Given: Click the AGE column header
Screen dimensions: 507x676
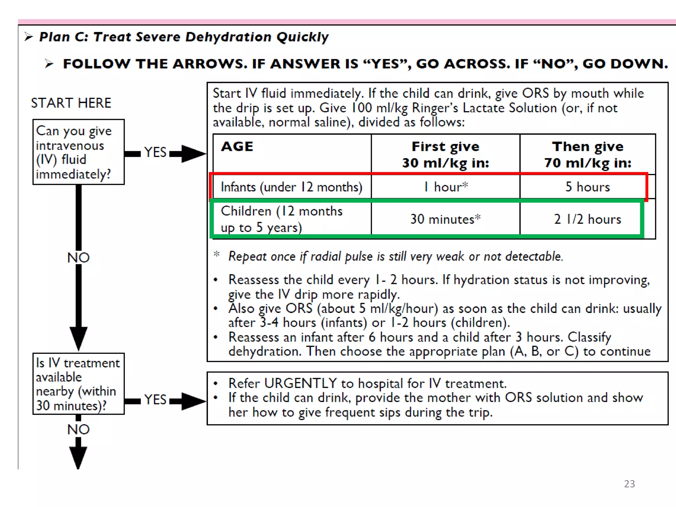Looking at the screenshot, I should pyautogui.click(x=237, y=146).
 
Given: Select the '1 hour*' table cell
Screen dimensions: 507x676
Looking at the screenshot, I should pyautogui.click(x=446, y=187).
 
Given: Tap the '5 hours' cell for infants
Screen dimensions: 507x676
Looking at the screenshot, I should pyautogui.click(x=588, y=187).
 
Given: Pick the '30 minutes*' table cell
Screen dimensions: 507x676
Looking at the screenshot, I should pyautogui.click(x=445, y=219).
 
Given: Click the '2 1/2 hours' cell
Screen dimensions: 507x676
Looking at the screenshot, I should pyautogui.click(x=588, y=219).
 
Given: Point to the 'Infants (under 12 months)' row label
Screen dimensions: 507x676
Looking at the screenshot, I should pyautogui.click(x=291, y=187).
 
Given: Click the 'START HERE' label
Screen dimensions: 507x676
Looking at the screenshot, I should pyautogui.click(x=71, y=103).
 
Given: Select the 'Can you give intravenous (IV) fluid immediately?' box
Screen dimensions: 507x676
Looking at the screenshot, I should pyautogui.click(x=79, y=152).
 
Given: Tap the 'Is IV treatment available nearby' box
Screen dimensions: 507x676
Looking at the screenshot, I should pyautogui.click(x=79, y=384).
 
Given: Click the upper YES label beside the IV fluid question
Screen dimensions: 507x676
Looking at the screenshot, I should pyautogui.click(x=155, y=152).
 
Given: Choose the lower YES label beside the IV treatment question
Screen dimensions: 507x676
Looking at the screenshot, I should pyautogui.click(x=155, y=400).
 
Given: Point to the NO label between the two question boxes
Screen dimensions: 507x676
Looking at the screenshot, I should pyautogui.click(x=79, y=258).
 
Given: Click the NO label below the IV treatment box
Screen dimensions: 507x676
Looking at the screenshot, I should pyautogui.click(x=79, y=429).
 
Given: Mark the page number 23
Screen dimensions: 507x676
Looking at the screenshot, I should pyautogui.click(x=629, y=484).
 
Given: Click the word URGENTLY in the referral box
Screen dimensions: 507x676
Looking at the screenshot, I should pyautogui.click(x=300, y=384).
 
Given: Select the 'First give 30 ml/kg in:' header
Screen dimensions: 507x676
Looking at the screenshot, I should pyautogui.click(x=446, y=154).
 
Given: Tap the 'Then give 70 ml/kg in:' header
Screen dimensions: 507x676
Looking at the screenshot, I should pyautogui.click(x=588, y=154).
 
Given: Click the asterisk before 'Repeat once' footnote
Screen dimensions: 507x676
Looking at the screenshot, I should pyautogui.click(x=217, y=254).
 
